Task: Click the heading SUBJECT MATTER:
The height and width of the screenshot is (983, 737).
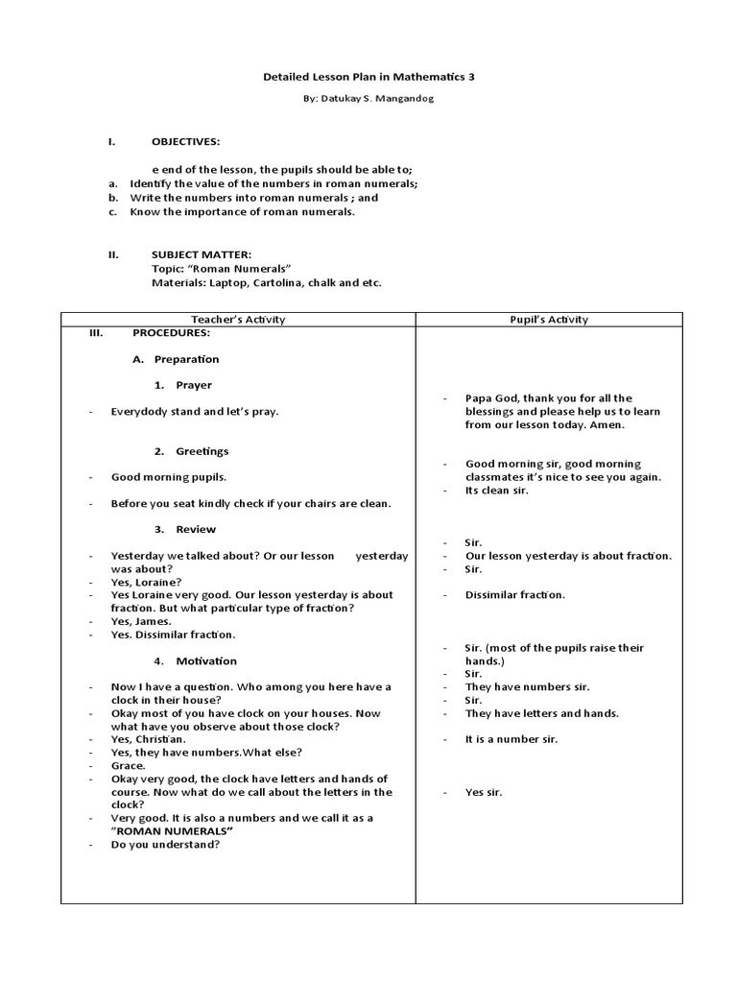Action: click(x=202, y=254)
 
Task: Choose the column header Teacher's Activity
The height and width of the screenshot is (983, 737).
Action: click(x=238, y=320)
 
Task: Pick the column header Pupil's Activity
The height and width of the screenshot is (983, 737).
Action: click(x=549, y=320)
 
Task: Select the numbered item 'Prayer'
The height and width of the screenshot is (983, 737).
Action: click(x=194, y=385)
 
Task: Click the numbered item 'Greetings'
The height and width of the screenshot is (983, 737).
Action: click(x=202, y=451)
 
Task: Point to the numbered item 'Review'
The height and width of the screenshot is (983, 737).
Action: click(x=196, y=529)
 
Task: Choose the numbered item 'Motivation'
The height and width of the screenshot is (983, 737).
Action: click(x=206, y=660)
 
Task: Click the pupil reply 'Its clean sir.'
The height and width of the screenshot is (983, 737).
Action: click(x=497, y=491)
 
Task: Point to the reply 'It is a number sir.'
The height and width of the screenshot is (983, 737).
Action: click(x=511, y=739)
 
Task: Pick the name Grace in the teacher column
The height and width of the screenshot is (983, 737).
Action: click(x=128, y=766)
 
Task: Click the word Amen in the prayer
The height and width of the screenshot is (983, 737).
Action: click(x=607, y=424)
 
